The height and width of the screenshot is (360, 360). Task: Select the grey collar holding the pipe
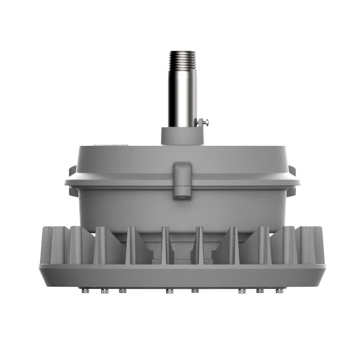click(182, 135)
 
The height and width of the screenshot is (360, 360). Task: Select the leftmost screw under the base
click(84, 291)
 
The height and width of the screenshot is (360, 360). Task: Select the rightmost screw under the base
click(279, 291)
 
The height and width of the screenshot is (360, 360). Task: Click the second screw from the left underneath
click(105, 291)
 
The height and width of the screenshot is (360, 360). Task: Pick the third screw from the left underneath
click(122, 291)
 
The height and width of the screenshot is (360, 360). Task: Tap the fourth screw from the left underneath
click(169, 291)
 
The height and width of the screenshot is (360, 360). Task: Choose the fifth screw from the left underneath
click(195, 291)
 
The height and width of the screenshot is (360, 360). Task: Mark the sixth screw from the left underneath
click(242, 291)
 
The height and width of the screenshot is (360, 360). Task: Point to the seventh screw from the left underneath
click(260, 291)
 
